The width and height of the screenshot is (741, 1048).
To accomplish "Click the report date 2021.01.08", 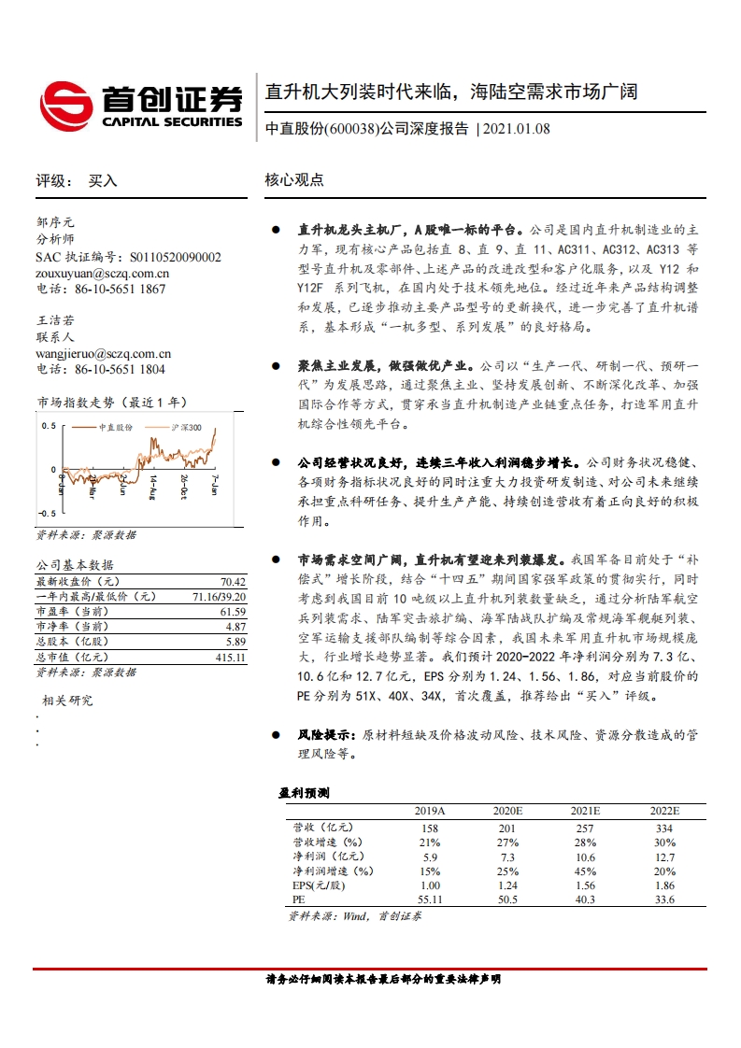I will [516, 129].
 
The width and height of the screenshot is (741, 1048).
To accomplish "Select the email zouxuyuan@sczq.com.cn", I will [103, 274].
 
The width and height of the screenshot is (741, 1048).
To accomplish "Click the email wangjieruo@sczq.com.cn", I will [104, 354].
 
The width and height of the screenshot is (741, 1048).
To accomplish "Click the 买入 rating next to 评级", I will [103, 181].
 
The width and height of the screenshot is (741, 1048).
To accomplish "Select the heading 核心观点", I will [294, 180].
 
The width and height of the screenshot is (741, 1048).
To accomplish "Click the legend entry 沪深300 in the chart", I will [187, 427].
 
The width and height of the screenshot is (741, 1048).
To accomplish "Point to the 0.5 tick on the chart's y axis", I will [48, 425].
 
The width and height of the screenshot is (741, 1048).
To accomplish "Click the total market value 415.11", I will [230, 657].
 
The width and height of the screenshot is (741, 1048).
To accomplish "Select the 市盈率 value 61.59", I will [233, 611].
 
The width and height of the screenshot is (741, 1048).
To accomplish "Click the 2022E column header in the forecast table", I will [664, 811].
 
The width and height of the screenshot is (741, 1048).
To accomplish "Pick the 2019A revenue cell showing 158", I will [430, 828].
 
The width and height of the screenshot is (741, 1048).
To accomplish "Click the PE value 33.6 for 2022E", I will [664, 899].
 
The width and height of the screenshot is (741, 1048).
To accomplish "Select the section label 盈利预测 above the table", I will [304, 793].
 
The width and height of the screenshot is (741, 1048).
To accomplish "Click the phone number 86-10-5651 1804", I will [125, 369].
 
